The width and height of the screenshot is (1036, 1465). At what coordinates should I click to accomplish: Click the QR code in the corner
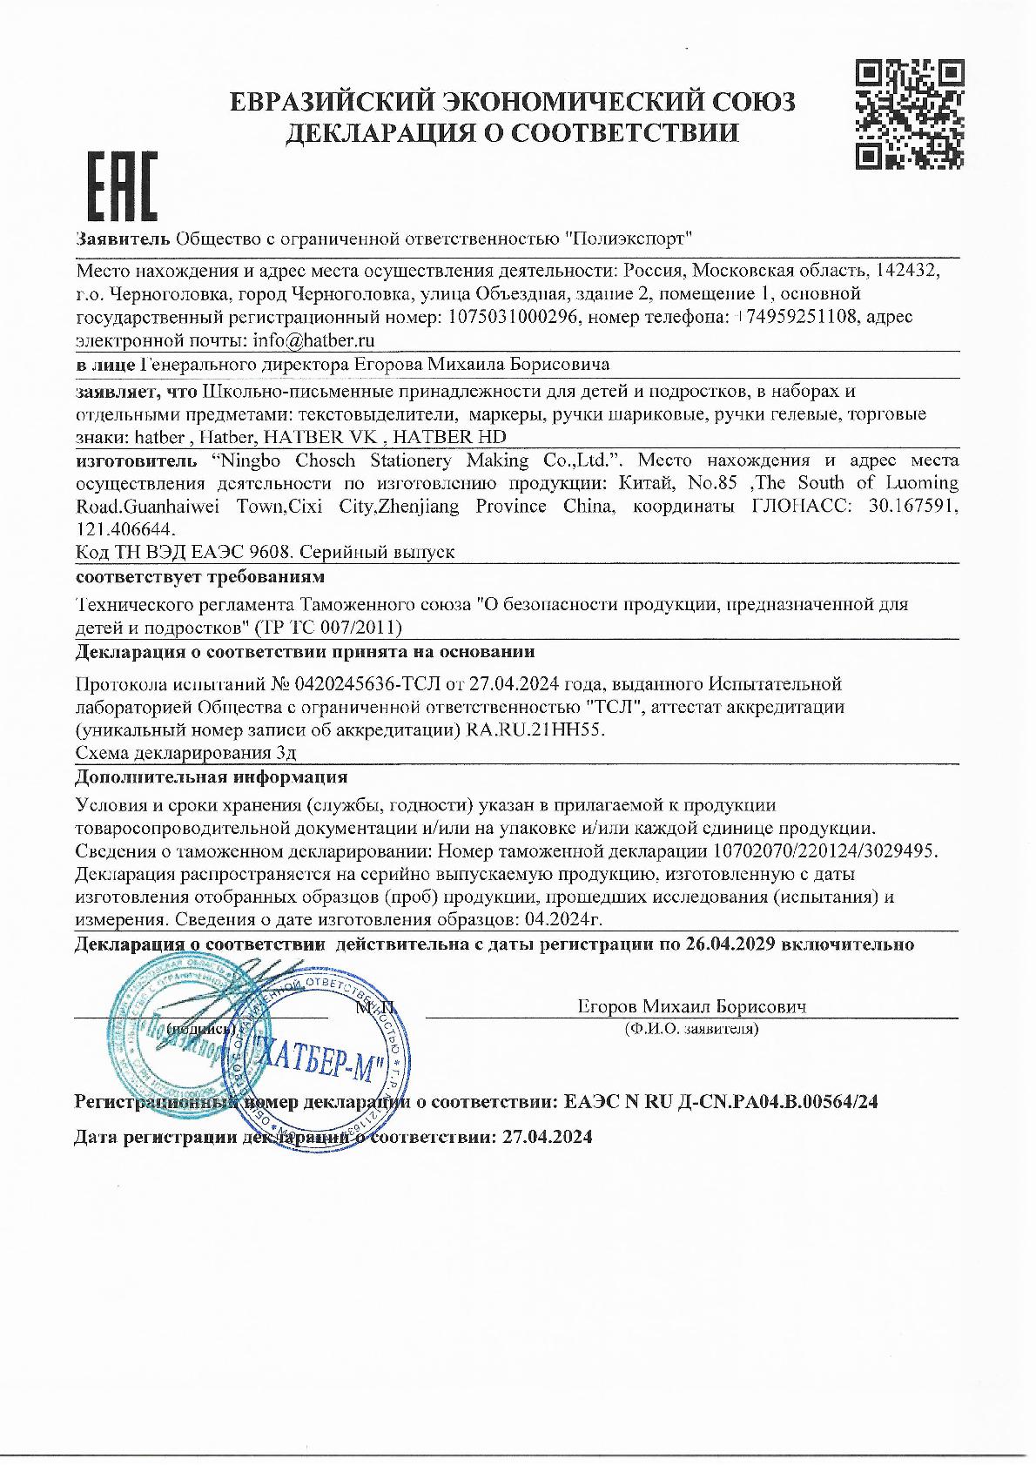pos(910,113)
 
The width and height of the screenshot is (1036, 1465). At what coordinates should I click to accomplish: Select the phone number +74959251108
pos(789,317)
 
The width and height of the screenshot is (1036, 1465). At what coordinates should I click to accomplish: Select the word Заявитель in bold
pos(123,239)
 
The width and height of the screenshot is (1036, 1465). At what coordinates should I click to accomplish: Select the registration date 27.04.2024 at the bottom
pos(548,1137)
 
